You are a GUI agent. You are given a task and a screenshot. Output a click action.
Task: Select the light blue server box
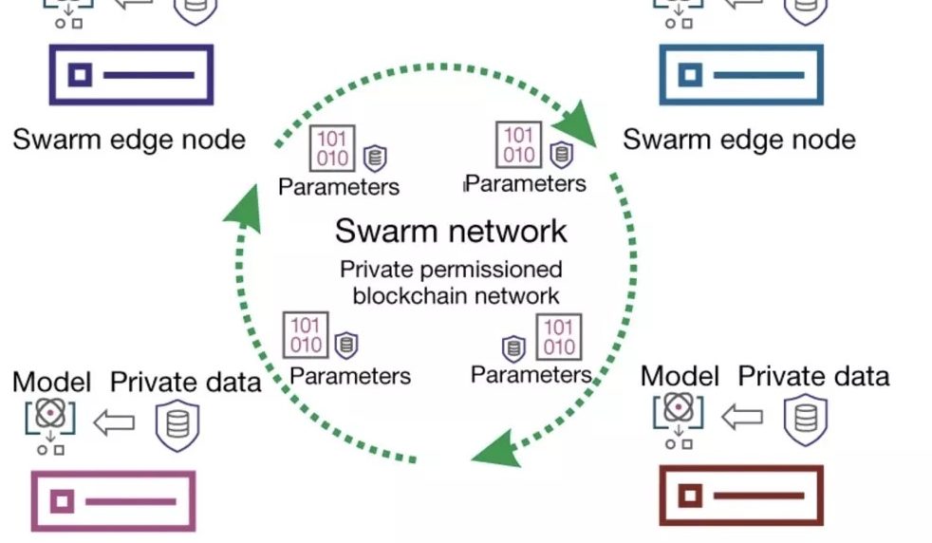[x=741, y=74]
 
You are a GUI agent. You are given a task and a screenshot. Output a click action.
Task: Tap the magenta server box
[x=114, y=500]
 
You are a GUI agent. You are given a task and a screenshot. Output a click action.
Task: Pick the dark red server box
[x=741, y=495]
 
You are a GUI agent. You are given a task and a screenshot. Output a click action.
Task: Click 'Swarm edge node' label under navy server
[x=129, y=140]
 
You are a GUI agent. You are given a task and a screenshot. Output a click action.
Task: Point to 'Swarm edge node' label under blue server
[x=738, y=140]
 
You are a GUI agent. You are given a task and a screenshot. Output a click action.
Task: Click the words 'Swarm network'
[x=451, y=231]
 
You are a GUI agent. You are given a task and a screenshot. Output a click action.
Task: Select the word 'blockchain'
[x=410, y=294]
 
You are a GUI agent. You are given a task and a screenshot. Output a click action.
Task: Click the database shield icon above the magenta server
[x=177, y=423]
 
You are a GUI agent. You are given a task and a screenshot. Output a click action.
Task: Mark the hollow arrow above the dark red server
[x=742, y=415]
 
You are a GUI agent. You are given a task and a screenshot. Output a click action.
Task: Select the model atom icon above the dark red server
[x=677, y=408]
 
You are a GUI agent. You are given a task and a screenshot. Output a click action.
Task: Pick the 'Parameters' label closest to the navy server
[x=338, y=186]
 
